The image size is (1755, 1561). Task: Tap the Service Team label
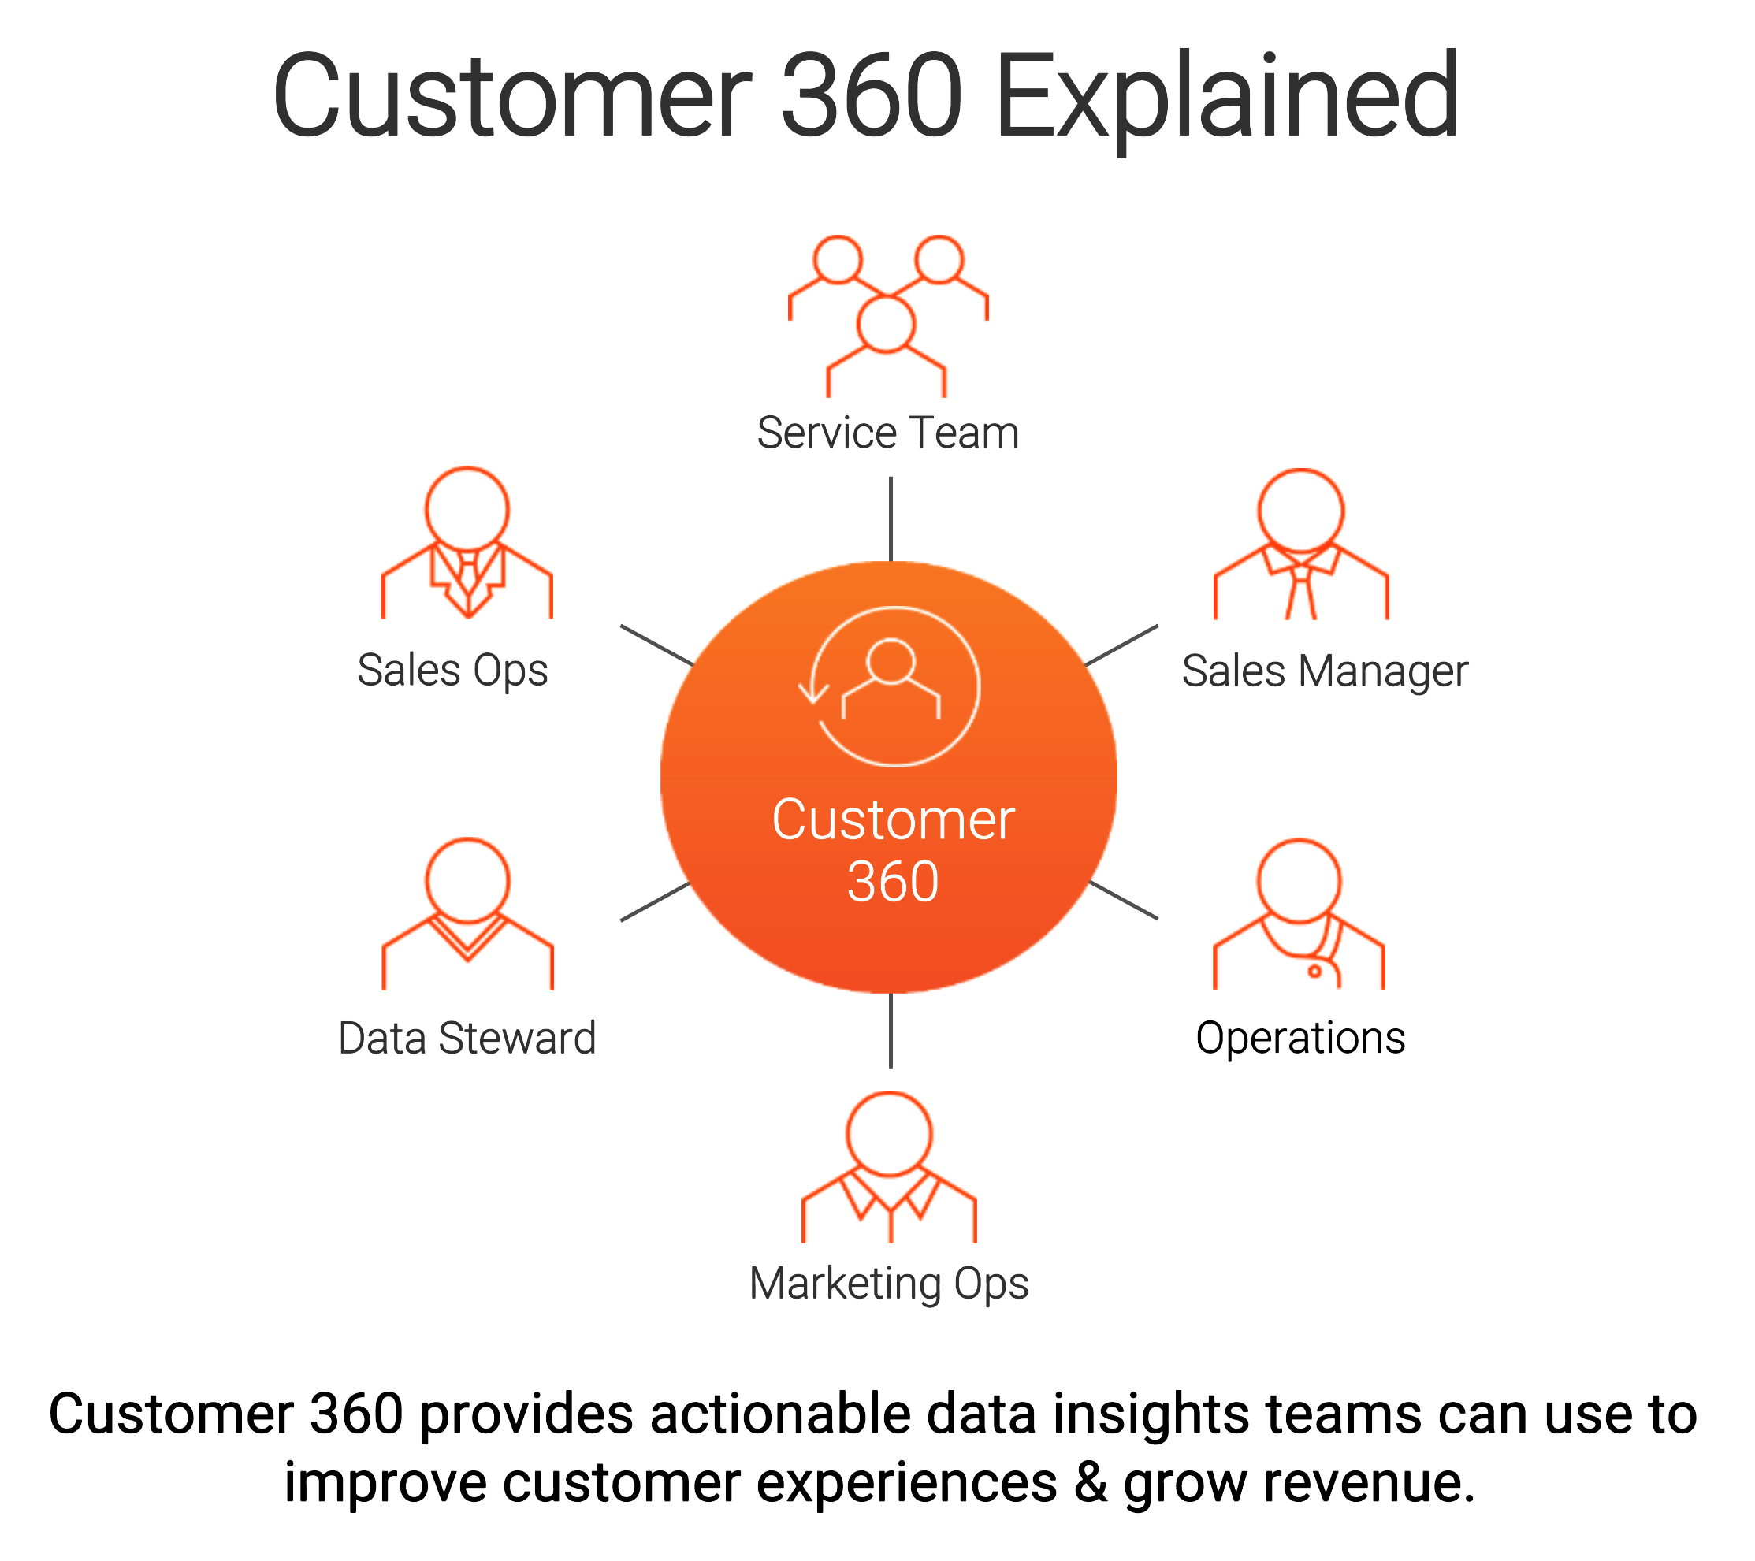888,433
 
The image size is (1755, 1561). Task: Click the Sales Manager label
1325,671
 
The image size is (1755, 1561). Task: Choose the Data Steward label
467,1038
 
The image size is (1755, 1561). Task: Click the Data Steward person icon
467,913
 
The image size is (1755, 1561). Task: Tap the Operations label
1301,1038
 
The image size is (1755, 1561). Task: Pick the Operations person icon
1299,913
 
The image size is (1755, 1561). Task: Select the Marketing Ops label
889,1284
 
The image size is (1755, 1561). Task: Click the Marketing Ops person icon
889,1167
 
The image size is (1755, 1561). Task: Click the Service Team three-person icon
888,315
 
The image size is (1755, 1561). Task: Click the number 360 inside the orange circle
893,882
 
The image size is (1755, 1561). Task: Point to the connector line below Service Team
891,518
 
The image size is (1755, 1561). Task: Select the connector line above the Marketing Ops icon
891,1031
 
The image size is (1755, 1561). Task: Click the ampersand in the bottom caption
1091,1482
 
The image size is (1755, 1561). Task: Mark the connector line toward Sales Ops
656,645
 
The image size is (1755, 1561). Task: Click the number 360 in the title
872,96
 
